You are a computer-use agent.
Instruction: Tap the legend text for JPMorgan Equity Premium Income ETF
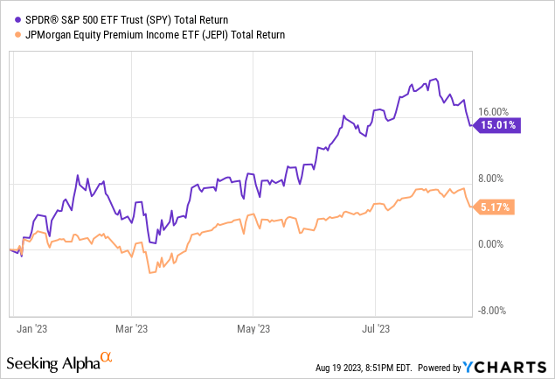point(153,34)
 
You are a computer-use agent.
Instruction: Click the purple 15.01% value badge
point(499,125)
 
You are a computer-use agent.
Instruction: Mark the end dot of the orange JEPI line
point(473,207)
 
